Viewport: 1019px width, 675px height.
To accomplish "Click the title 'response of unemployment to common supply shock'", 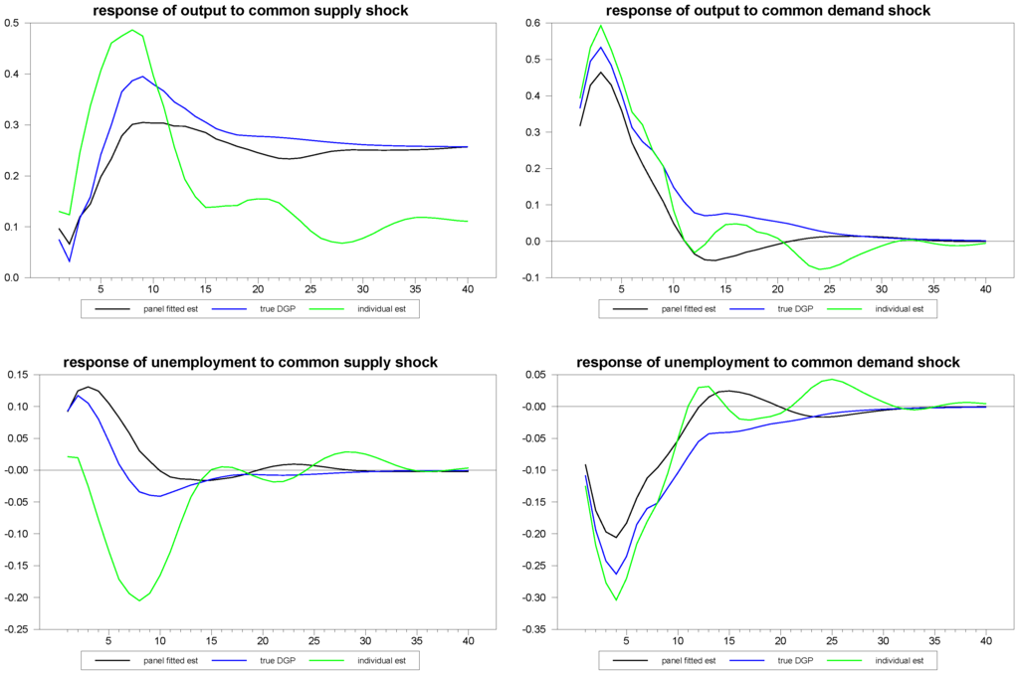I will tap(250, 362).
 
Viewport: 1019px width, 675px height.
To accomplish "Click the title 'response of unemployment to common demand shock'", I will tap(768, 362).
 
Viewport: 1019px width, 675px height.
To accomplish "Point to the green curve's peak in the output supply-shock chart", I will tap(132, 30).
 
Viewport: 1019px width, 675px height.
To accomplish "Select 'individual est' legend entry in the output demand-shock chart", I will tap(901, 308).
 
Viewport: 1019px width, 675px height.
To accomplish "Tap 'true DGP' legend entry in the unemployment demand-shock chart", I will tap(794, 660).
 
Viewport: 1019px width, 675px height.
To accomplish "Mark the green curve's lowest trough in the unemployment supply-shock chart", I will tap(140, 600).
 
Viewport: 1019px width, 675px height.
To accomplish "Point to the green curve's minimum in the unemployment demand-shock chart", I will tap(616, 599).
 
